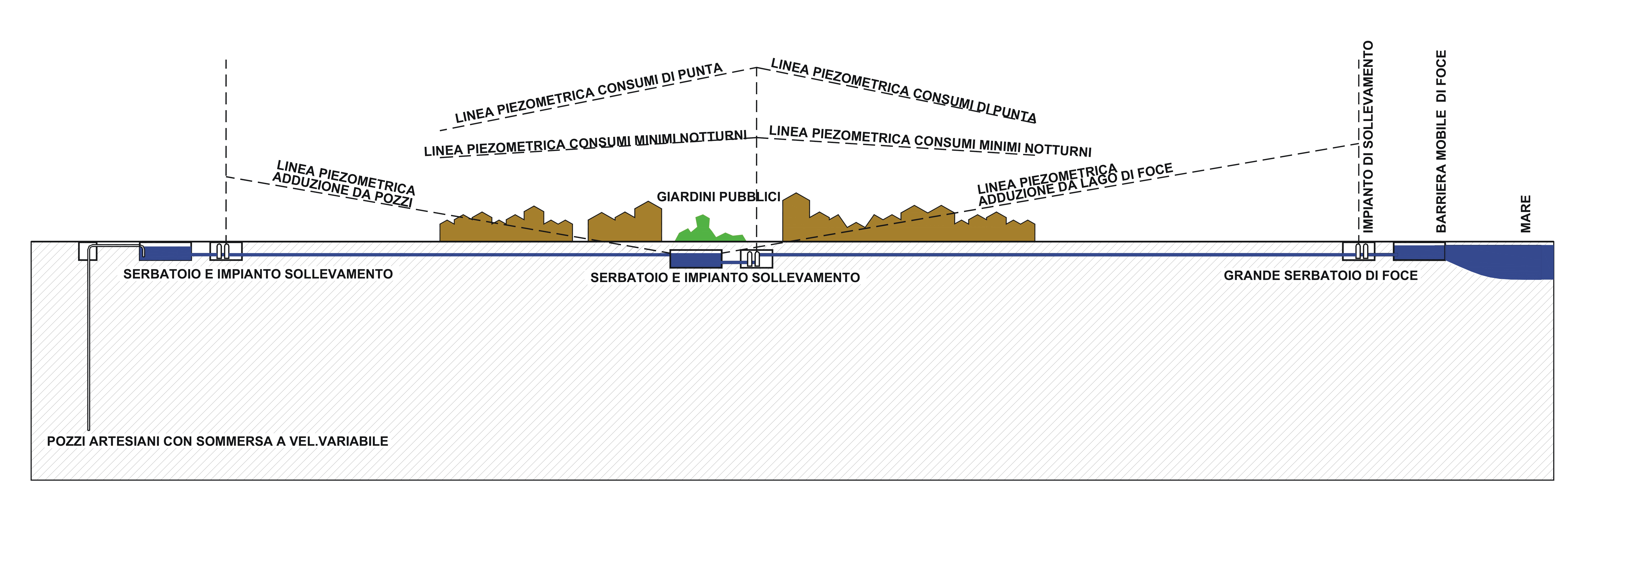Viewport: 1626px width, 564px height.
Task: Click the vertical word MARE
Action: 1526,213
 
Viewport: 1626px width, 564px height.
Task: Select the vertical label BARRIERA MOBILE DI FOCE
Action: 1441,142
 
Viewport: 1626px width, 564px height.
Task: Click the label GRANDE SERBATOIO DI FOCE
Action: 1320,275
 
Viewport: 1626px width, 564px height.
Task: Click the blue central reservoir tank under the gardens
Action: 696,259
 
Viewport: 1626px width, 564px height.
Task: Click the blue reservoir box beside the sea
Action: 1419,251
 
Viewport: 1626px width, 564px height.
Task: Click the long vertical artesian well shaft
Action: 89,341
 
